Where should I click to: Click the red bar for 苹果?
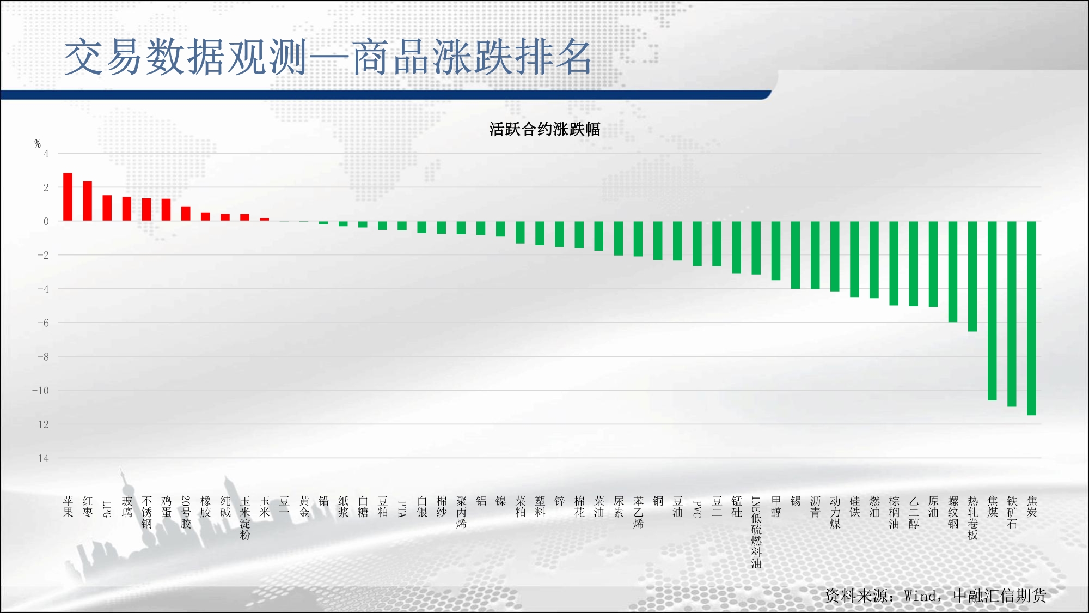(68, 197)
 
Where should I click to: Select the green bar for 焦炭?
(1031, 318)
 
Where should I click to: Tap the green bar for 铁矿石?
(1012, 314)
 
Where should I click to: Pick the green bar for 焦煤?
(992, 311)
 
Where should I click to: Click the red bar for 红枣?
(88, 201)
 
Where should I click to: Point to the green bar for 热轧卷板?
(972, 276)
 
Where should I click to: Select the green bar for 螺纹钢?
(953, 272)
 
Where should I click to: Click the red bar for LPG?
(107, 208)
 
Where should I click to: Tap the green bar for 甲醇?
(776, 251)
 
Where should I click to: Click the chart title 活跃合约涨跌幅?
(544, 129)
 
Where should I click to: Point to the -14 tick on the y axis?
(40, 458)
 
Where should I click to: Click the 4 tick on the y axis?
(46, 154)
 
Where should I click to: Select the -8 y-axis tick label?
(43, 357)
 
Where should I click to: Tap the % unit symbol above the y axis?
(38, 143)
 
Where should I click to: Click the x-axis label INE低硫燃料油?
(756, 532)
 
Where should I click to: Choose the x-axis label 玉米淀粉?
(245, 518)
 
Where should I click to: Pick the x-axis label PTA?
(402, 508)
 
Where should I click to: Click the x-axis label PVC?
(697, 508)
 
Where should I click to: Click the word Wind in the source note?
(920, 596)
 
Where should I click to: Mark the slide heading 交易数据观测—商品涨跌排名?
(328, 57)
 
